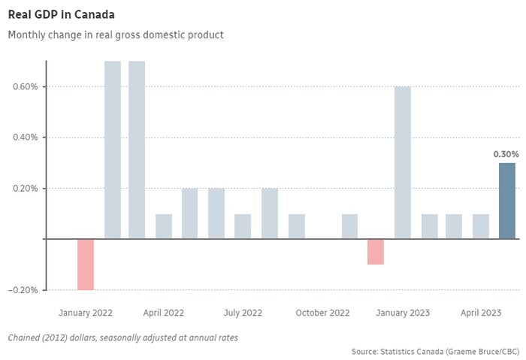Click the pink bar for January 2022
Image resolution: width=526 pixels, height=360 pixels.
(x=86, y=264)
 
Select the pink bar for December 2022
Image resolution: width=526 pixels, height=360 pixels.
(x=376, y=252)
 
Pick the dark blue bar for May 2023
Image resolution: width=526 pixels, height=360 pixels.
(x=508, y=201)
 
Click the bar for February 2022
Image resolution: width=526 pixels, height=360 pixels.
(x=113, y=150)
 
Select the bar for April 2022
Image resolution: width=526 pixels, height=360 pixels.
(x=164, y=226)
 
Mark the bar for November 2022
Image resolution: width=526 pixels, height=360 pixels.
(x=349, y=226)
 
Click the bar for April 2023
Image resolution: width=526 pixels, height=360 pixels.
(x=481, y=226)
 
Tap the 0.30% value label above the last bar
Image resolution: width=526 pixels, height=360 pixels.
(x=506, y=154)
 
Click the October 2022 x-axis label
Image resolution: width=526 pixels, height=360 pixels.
(x=322, y=312)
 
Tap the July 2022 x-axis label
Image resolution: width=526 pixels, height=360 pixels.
(x=243, y=312)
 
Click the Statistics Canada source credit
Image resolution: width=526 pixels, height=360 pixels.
(x=434, y=351)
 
